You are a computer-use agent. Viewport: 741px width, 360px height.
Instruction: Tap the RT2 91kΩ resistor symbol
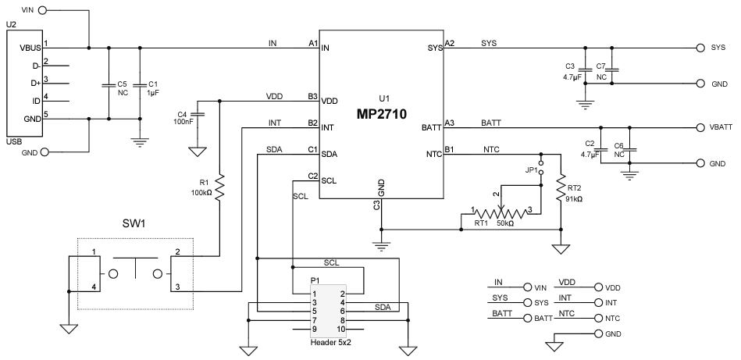pyautogui.click(x=561, y=188)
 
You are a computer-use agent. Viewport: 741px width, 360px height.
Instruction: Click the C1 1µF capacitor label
pyautogui.click(x=153, y=87)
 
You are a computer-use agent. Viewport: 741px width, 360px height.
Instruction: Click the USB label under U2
pyautogui.click(x=15, y=141)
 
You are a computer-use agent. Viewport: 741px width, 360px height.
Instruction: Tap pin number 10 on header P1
pyautogui.click(x=340, y=329)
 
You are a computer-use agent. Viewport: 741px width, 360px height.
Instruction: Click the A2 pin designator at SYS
pyautogui.click(x=450, y=42)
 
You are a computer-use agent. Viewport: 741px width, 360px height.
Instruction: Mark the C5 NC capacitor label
pyautogui.click(x=121, y=87)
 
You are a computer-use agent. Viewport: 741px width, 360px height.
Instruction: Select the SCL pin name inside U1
pyautogui.click(x=330, y=180)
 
